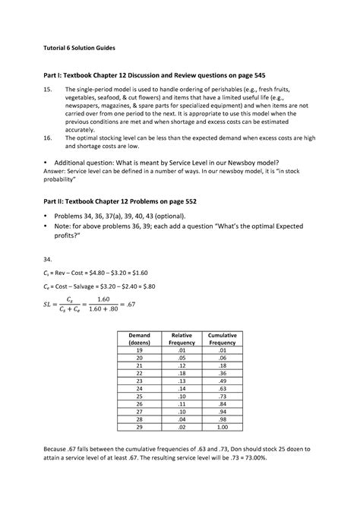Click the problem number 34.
click(48, 259)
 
